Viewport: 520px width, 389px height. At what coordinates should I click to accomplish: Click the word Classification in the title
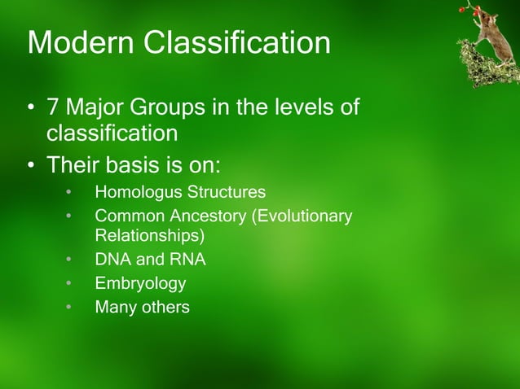click(x=238, y=42)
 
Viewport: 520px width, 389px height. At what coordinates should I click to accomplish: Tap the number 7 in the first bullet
click(x=55, y=107)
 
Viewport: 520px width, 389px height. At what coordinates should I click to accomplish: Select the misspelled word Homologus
click(x=136, y=193)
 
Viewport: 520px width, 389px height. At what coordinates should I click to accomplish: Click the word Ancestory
click(x=204, y=216)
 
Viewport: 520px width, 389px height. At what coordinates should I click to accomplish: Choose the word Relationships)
click(x=150, y=237)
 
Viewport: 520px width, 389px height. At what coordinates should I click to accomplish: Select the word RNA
click(x=188, y=260)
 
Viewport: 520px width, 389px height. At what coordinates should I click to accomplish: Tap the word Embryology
click(x=140, y=284)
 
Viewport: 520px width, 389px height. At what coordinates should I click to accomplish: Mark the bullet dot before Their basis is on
click(x=30, y=166)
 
